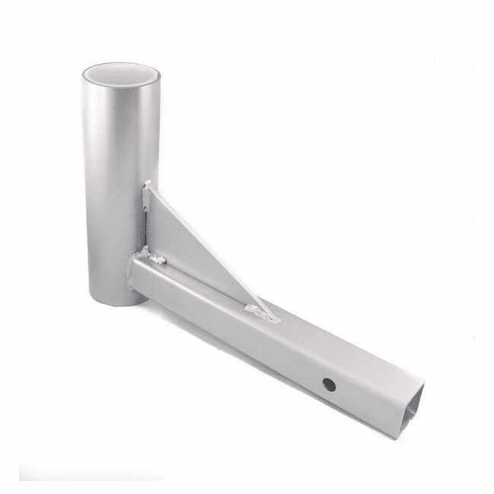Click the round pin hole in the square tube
pyautogui.click(x=329, y=385)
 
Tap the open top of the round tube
pyautogui.click(x=121, y=74)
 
